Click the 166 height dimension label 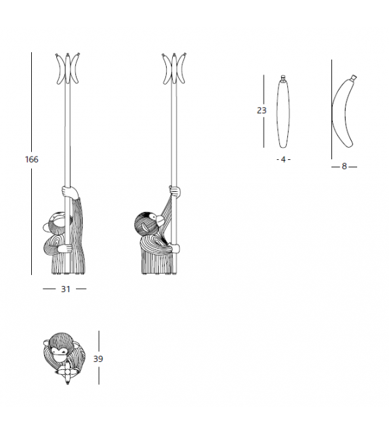point(32,159)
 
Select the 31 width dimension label point(66,289)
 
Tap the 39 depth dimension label point(98,358)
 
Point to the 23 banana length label point(262,110)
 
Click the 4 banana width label point(283,159)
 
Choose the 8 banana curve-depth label point(344,167)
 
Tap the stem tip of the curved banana point(354,77)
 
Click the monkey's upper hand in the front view point(69,192)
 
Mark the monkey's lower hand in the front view point(66,248)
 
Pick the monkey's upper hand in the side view point(175,191)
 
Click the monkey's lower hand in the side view point(175,249)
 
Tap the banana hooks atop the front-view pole point(68,68)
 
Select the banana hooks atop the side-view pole point(174,68)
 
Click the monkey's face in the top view point(60,355)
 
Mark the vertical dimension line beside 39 point(99,358)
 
